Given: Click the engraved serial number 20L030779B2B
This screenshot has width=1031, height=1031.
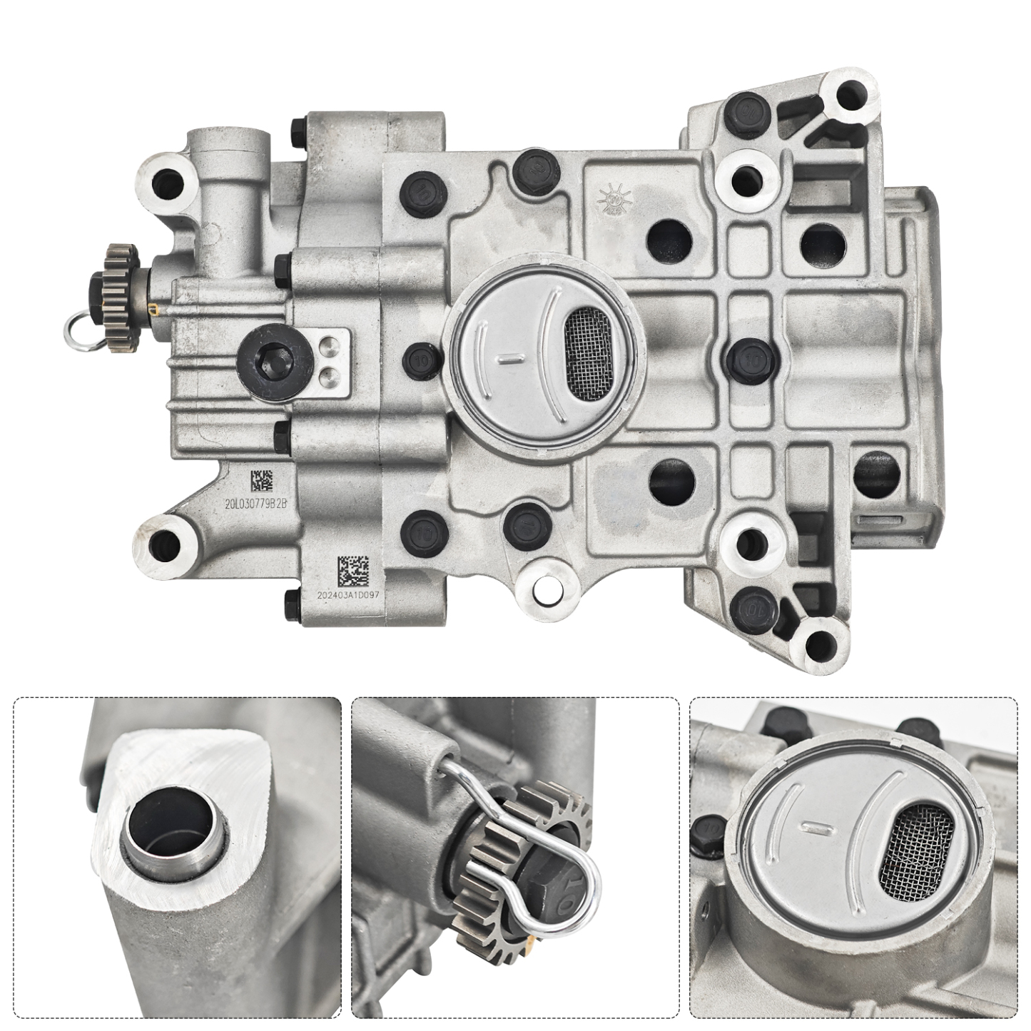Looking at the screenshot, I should tap(255, 503).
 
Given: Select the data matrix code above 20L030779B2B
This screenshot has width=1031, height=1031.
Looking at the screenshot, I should tap(261, 480).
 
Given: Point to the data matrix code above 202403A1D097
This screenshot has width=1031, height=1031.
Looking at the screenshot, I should tap(353, 569).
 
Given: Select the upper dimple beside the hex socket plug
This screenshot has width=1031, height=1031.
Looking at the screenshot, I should tap(328, 347).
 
